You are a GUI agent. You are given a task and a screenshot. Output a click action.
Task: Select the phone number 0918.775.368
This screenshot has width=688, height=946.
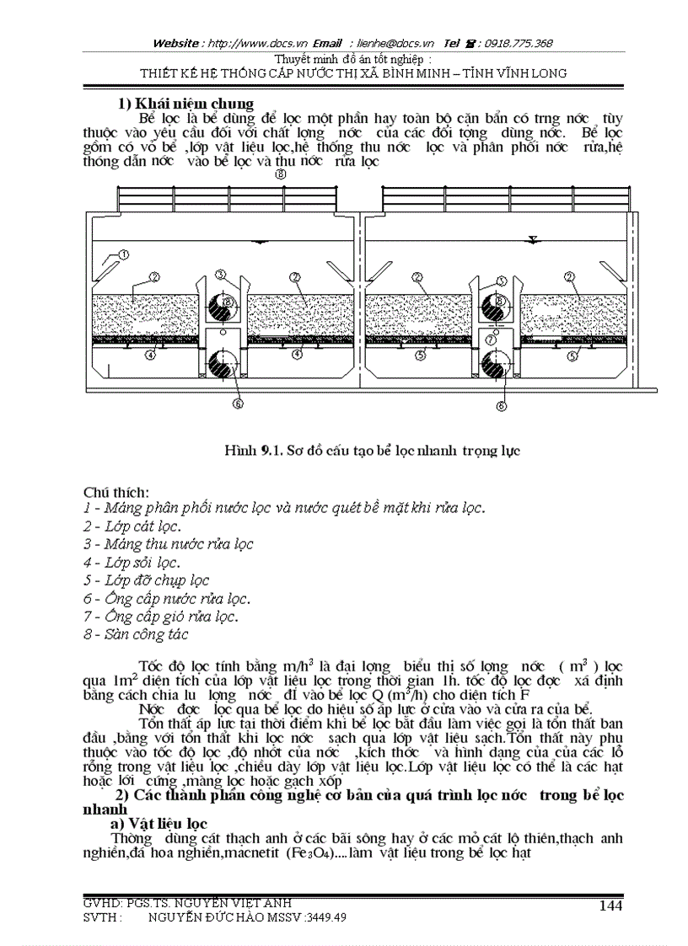[x=519, y=43]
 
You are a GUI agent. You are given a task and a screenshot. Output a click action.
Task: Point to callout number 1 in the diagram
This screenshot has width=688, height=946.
[x=123, y=254]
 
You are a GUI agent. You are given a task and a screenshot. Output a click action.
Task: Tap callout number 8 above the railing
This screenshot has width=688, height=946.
[x=281, y=174]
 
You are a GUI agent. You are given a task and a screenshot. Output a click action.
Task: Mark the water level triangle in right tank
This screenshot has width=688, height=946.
[x=533, y=240]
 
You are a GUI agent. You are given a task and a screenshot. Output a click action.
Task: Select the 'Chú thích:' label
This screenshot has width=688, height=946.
[x=116, y=491]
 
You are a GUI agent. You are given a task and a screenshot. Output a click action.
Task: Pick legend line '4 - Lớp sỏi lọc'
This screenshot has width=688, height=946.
[x=132, y=562]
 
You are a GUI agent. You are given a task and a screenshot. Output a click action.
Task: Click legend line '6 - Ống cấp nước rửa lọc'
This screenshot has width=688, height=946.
[x=167, y=598]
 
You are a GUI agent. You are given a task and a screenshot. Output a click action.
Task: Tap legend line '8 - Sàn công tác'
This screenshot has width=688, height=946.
[x=136, y=634]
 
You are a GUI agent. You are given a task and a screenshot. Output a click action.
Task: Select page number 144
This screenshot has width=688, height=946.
[x=610, y=905]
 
